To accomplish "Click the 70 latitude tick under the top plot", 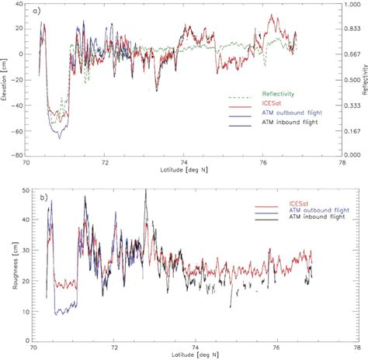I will click(26, 163).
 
